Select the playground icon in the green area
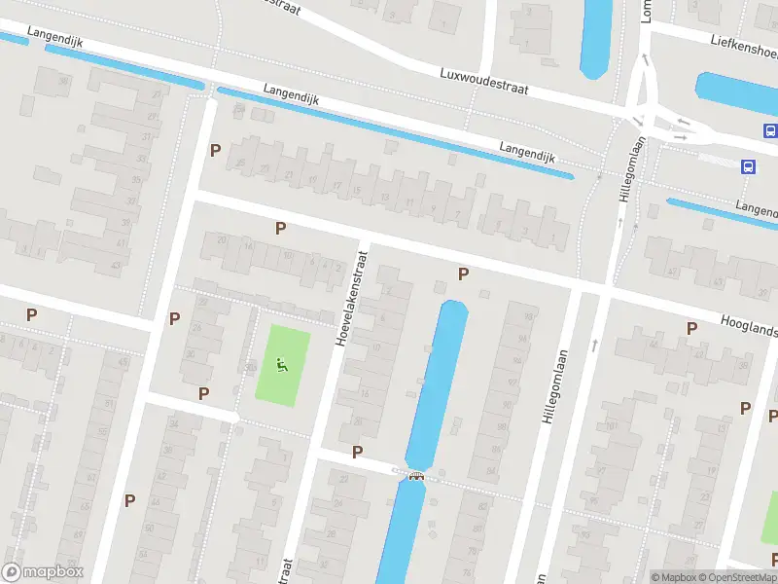coord(282,365)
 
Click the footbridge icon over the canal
coord(417,476)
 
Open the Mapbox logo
coord(43,572)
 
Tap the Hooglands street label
coord(749,325)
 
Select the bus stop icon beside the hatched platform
coord(748,166)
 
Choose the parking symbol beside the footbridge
coord(357,452)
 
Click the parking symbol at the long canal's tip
coord(463,274)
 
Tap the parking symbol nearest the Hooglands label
coord(691,328)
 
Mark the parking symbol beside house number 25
coord(215,150)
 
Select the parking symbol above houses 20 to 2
coord(280,228)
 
